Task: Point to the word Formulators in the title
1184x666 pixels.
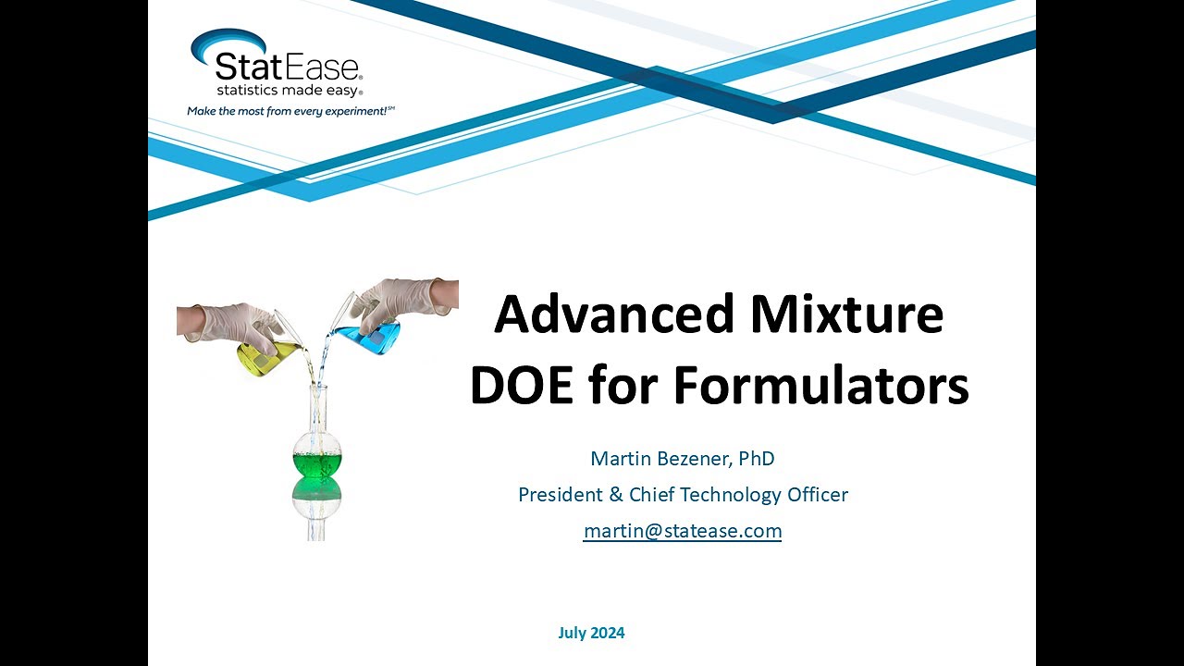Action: click(x=820, y=386)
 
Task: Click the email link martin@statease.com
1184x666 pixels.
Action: click(x=683, y=531)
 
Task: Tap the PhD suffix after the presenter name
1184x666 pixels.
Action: click(x=756, y=458)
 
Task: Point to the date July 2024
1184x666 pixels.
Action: click(x=591, y=634)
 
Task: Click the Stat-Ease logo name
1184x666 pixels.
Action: click(x=288, y=67)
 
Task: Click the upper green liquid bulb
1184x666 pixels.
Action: click(x=316, y=457)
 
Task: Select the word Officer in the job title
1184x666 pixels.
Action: click(x=818, y=495)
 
